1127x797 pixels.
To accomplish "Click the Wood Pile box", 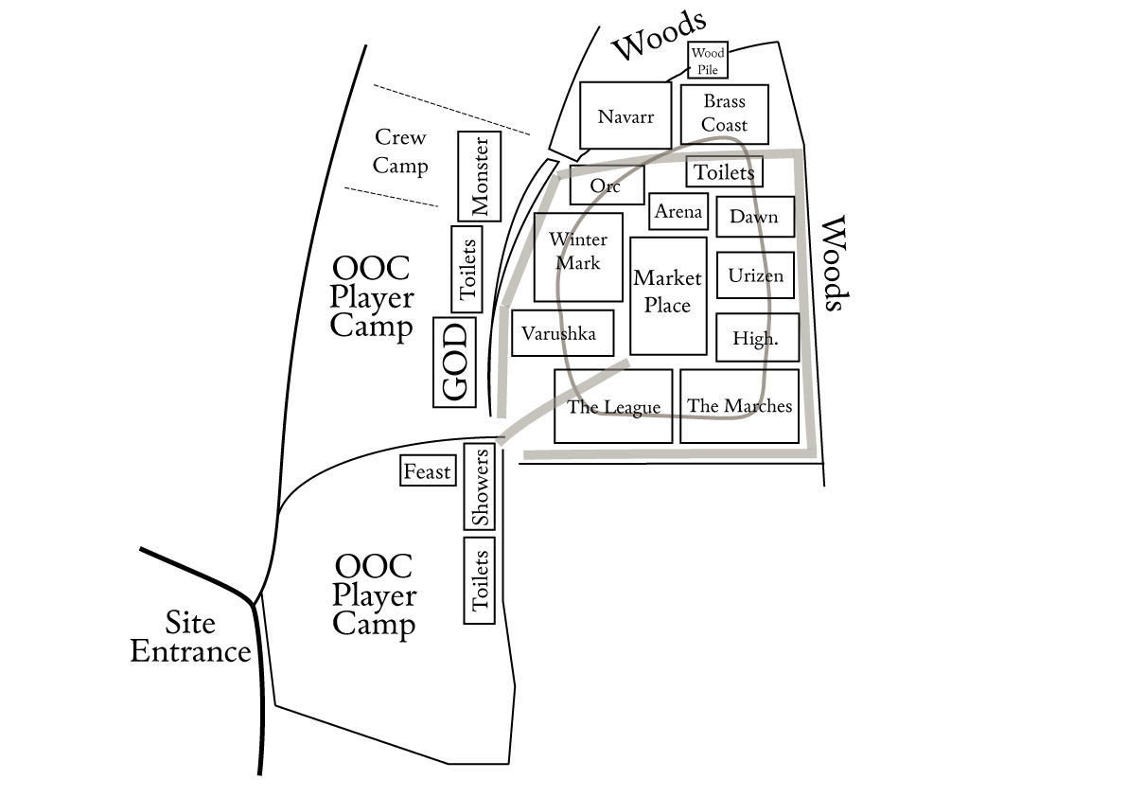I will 707,61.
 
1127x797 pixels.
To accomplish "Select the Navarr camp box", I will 625,115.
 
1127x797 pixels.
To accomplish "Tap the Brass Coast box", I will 724,114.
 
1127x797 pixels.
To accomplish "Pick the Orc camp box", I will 607,186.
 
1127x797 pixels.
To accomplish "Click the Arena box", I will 678,211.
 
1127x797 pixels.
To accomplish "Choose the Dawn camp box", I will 754,217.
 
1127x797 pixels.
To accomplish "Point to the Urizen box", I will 755,275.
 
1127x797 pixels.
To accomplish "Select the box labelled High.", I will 757,337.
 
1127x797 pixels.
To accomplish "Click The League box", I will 613,406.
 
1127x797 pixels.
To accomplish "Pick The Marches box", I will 739,406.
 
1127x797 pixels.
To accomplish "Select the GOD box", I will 454,363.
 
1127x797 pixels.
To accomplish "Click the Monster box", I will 479,176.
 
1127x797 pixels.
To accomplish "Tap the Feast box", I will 428,471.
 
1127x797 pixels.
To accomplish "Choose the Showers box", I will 480,487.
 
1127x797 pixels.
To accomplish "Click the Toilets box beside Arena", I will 724,172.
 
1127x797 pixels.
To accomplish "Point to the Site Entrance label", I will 190,637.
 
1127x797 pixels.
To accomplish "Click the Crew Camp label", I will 400,151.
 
